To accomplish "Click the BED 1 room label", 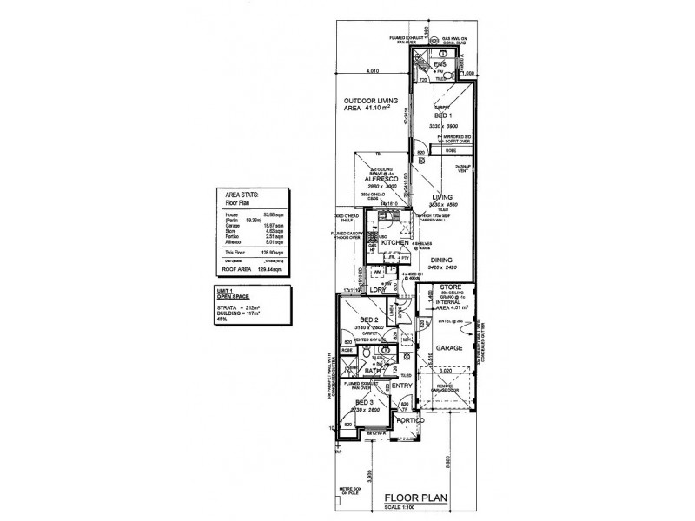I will tap(441, 115).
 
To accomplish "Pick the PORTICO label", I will tap(411, 420).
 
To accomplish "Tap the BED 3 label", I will tap(364, 405).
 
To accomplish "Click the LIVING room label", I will tap(442, 198).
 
